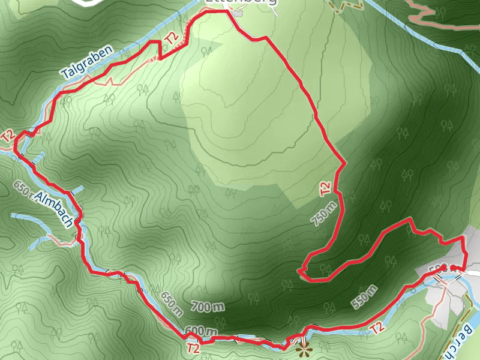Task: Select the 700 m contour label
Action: (208, 308)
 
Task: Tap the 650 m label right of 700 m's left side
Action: (172, 304)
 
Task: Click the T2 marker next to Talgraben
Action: (172, 39)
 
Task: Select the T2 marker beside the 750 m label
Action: (326, 189)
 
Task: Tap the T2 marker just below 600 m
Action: (193, 347)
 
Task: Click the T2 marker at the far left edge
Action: (8, 136)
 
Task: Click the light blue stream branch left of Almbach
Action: (27, 216)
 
